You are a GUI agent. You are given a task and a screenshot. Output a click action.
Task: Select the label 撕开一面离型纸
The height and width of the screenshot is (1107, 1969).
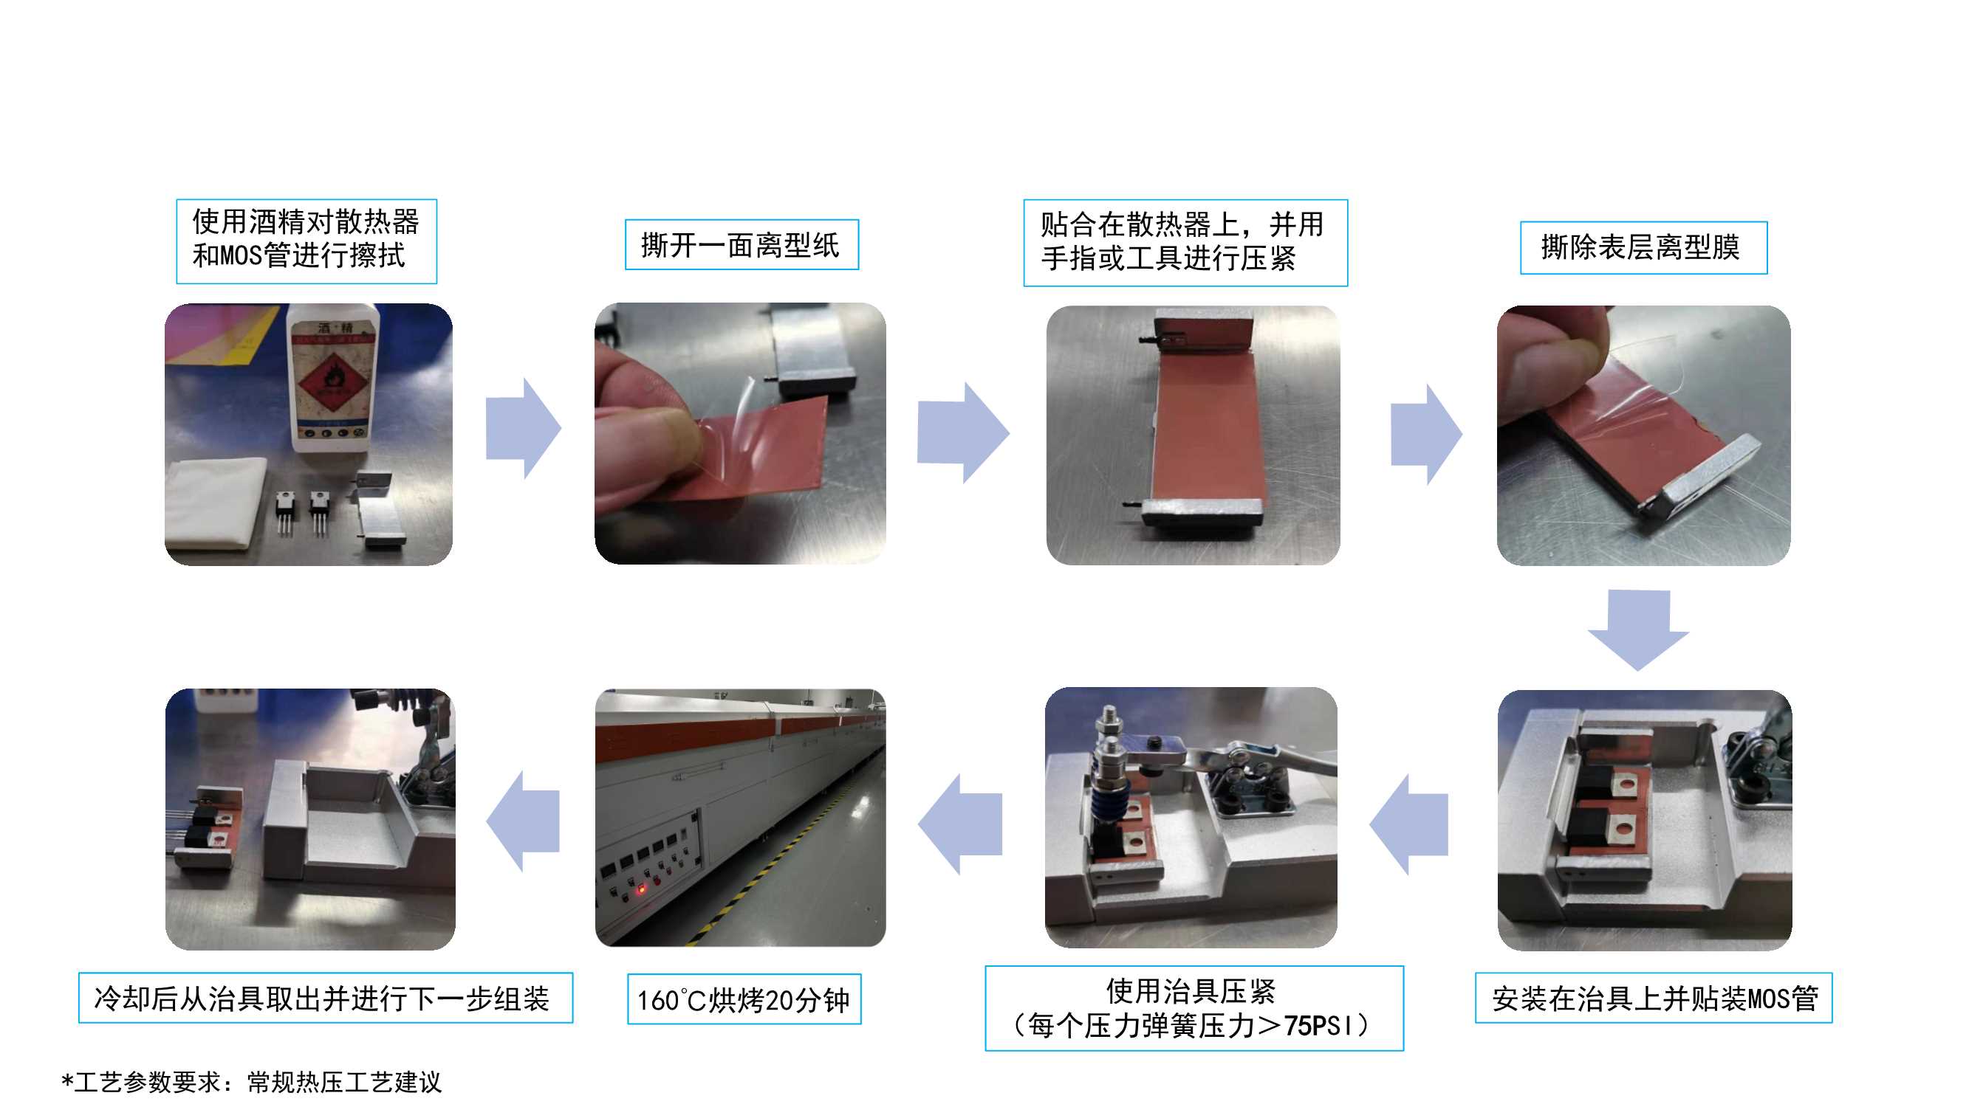click(x=742, y=245)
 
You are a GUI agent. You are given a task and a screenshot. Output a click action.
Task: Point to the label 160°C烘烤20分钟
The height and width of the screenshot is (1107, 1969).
click(x=744, y=999)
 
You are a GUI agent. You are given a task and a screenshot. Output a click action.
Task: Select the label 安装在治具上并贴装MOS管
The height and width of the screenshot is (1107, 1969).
click(x=1654, y=998)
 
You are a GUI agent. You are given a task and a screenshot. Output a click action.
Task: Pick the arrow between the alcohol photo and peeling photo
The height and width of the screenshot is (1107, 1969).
click(x=524, y=428)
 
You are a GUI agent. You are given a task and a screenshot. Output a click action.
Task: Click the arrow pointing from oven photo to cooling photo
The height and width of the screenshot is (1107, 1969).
click(x=523, y=821)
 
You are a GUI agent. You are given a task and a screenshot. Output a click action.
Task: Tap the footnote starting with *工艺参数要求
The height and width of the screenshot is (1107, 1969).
click(x=251, y=1082)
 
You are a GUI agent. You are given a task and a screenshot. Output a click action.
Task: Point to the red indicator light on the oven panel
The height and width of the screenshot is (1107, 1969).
click(x=641, y=889)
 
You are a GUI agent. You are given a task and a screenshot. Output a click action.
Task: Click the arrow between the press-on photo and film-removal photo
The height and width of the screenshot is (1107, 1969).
click(x=1426, y=435)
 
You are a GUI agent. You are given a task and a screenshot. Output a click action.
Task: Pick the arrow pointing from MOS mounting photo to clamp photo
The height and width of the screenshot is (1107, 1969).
click(x=1408, y=824)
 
